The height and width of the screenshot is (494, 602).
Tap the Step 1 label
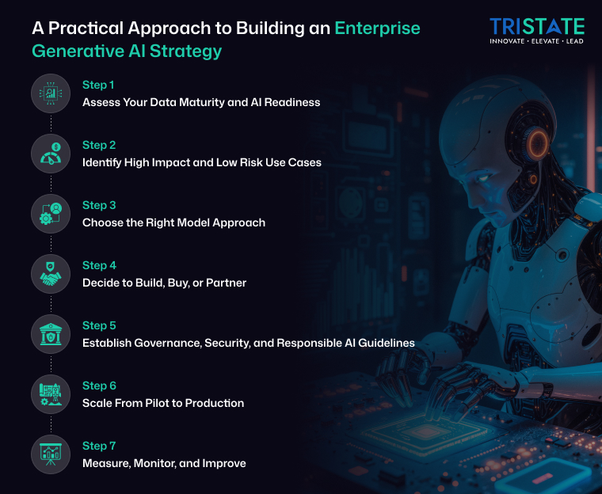point(99,85)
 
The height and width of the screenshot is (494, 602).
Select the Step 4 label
point(99,265)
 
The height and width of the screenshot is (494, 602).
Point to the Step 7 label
point(99,446)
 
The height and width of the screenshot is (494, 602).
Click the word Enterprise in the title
point(377,28)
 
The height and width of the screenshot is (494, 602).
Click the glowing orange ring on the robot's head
point(538,143)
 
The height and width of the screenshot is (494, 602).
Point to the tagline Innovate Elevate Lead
point(536,41)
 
